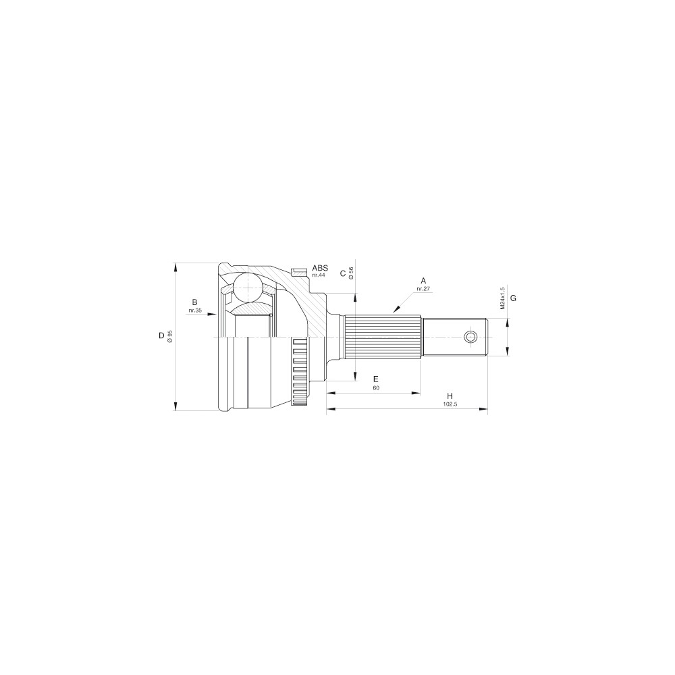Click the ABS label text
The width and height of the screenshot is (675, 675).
[320, 268]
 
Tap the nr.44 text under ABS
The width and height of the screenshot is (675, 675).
[319, 275]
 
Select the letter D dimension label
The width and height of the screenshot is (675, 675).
[161, 335]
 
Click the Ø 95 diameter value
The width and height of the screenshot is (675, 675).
[170, 336]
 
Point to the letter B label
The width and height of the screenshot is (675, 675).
[194, 302]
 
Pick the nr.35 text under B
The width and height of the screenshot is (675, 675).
[194, 310]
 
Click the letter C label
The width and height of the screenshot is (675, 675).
[343, 273]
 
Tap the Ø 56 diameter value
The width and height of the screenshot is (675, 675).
[351, 273]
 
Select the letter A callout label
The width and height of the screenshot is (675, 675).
[424, 281]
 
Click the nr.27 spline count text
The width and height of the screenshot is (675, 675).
[424, 289]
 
